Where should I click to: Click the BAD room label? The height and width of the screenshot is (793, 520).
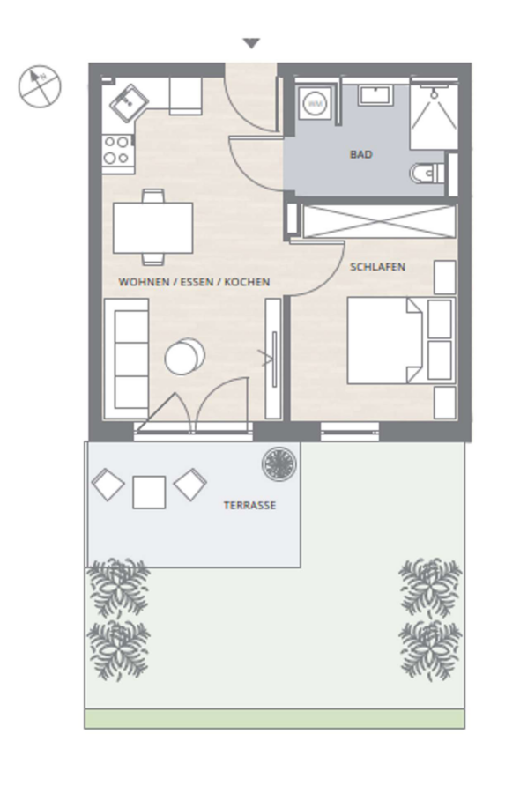pyautogui.click(x=360, y=154)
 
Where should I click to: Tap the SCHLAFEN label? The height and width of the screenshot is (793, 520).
pyautogui.click(x=377, y=267)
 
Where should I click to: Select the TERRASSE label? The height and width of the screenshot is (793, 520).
pyautogui.click(x=249, y=505)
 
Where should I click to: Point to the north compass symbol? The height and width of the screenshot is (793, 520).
pyautogui.click(x=40, y=86)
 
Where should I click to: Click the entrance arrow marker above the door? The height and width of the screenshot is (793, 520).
pyautogui.click(x=251, y=43)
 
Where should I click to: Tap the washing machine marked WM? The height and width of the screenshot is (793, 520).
pyautogui.click(x=316, y=104)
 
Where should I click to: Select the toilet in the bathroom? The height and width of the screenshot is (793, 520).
pyautogui.click(x=427, y=174)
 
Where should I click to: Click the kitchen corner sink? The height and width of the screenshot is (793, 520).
pyautogui.click(x=129, y=103)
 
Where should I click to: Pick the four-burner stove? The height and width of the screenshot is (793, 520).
pyautogui.click(x=117, y=151)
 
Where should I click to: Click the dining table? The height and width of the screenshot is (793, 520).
pyautogui.click(x=152, y=227)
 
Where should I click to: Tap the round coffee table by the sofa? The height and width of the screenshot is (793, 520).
pyautogui.click(x=184, y=357)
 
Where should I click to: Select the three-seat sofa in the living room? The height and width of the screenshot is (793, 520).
pyautogui.click(x=126, y=359)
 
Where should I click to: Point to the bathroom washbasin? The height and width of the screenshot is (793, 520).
pyautogui.click(x=375, y=95)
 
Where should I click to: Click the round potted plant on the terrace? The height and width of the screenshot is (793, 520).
pyautogui.click(x=279, y=463)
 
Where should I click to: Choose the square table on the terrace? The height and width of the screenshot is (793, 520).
pyautogui.click(x=149, y=492)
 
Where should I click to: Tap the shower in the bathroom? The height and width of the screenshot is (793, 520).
pyautogui.click(x=434, y=114)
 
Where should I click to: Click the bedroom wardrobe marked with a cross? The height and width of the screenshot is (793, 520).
pyautogui.click(x=379, y=221)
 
